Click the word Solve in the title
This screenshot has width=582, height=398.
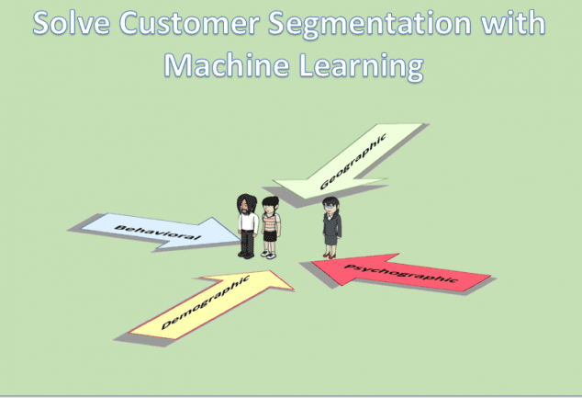(x=72, y=23)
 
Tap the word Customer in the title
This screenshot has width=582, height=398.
(x=189, y=23)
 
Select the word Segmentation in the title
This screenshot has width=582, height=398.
(x=370, y=25)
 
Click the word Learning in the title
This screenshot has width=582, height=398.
(x=361, y=66)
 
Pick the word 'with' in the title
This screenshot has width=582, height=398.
(x=513, y=23)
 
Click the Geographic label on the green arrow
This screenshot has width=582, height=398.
(x=353, y=162)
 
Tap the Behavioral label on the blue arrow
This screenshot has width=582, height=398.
(x=158, y=232)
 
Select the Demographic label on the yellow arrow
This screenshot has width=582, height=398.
(x=205, y=302)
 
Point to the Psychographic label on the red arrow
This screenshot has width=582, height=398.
(x=400, y=273)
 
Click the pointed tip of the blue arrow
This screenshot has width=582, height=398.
(x=241, y=241)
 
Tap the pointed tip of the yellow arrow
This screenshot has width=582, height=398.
(x=294, y=289)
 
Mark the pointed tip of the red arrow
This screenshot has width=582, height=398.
(x=312, y=261)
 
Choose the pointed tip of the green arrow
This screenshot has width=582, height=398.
(x=274, y=180)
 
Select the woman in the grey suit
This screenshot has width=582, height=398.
(x=331, y=227)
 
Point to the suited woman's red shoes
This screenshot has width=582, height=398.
(x=330, y=256)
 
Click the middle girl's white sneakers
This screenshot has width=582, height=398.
(x=268, y=255)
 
